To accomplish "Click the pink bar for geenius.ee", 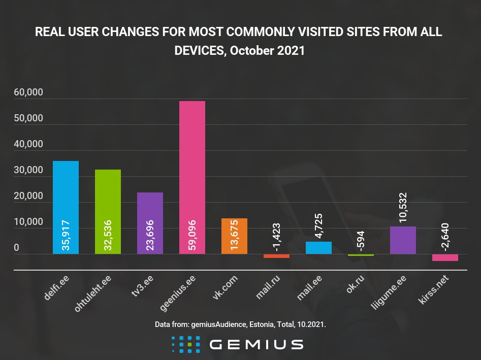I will (x=193, y=178).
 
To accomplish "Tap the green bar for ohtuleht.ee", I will (x=108, y=212).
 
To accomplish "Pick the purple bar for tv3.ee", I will (x=150, y=223).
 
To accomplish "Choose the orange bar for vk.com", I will (x=234, y=236).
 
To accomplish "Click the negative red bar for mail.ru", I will (x=276, y=256).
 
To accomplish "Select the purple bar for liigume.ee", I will (x=403, y=240).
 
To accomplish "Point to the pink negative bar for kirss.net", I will (x=445, y=257).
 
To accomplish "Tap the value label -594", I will (x=361, y=241).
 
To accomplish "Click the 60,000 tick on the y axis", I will (x=28, y=93).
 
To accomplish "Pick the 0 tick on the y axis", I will (x=17, y=248).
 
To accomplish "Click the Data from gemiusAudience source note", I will (x=240, y=324).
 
